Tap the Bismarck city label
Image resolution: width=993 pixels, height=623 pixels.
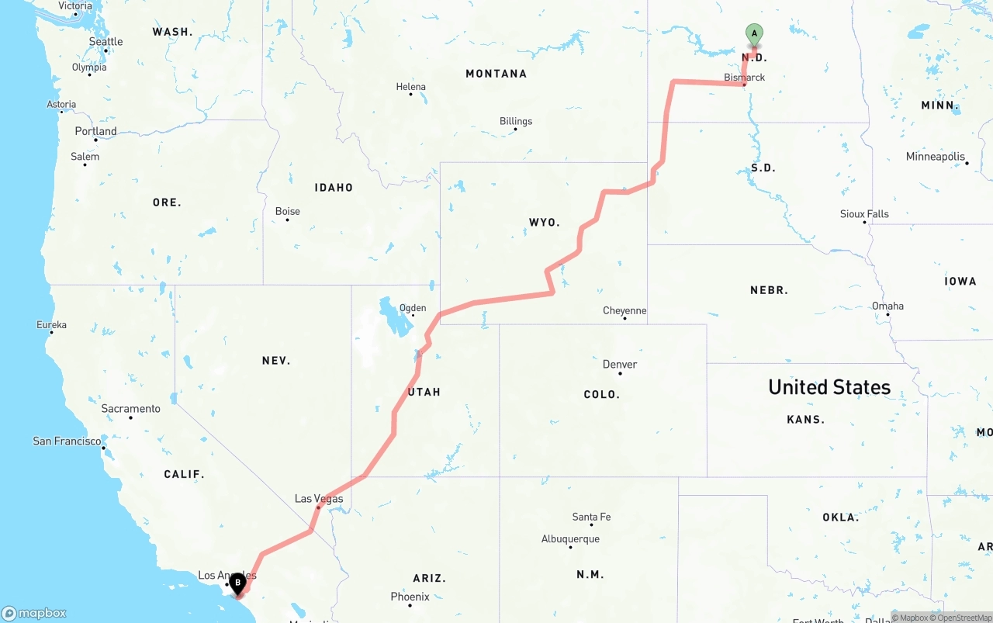pyautogui.click(x=744, y=78)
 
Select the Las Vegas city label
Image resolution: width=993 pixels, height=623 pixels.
pyautogui.click(x=318, y=499)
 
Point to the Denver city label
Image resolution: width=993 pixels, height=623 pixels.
pyautogui.click(x=620, y=365)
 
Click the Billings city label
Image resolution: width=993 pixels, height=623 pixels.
pyautogui.click(x=516, y=121)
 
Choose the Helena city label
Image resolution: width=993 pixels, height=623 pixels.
pyautogui.click(x=410, y=87)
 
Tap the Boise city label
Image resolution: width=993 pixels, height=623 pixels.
pyautogui.click(x=287, y=211)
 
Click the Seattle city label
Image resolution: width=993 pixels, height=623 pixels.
pyautogui.click(x=106, y=42)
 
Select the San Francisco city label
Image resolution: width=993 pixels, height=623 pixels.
pyautogui.click(x=67, y=441)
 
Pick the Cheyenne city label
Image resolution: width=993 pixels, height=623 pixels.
pyautogui.click(x=625, y=311)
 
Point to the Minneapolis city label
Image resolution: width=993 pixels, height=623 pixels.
pyautogui.click(x=935, y=157)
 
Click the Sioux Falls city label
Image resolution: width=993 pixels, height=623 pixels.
pyautogui.click(x=864, y=214)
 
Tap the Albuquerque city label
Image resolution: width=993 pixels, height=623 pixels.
pyautogui.click(x=570, y=539)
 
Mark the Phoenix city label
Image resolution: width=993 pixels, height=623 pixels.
pyautogui.click(x=410, y=597)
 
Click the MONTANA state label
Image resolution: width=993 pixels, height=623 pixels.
pyautogui.click(x=496, y=74)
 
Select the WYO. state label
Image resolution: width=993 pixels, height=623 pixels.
pyautogui.click(x=544, y=223)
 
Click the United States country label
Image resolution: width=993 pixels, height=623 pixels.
pyautogui.click(x=829, y=387)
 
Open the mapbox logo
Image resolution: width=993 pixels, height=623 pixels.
pyautogui.click(x=34, y=613)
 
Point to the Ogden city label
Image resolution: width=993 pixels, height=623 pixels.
pyautogui.click(x=413, y=308)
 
